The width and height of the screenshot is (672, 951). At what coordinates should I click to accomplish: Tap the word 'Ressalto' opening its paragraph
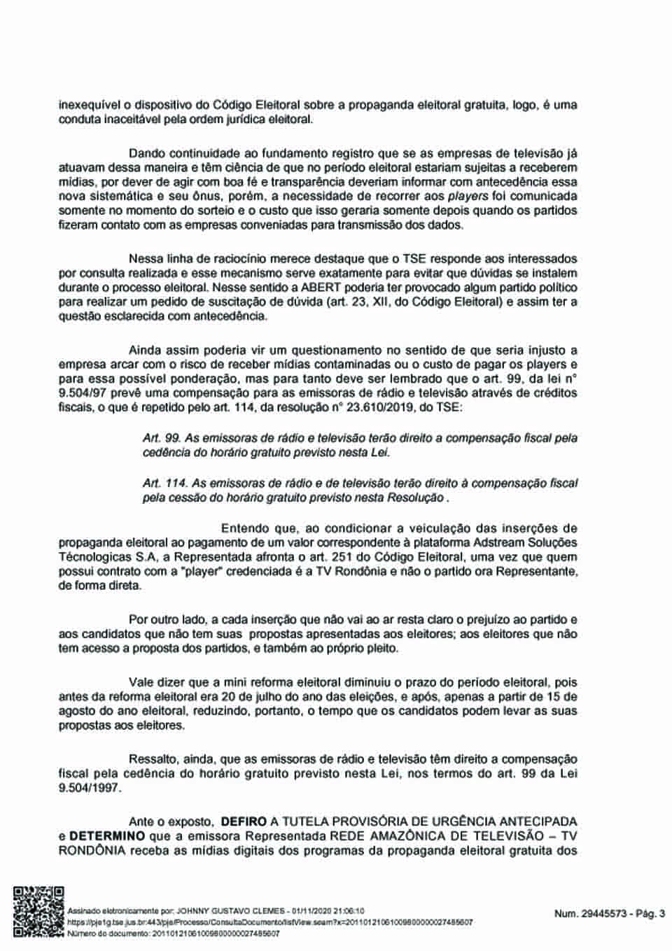pos(154,759)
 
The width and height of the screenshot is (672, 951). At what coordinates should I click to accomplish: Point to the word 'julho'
pos(283,696)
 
